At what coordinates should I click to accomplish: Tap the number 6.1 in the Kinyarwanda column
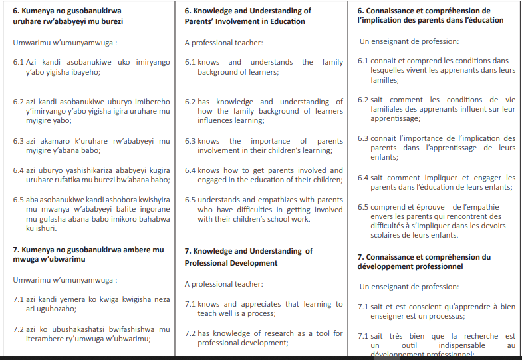click(x=19, y=61)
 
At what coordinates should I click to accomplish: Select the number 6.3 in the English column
click(x=190, y=141)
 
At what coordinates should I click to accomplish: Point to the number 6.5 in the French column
click(x=362, y=207)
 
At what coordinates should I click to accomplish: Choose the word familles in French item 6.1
click(x=385, y=79)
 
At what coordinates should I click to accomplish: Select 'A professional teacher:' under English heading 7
click(x=223, y=284)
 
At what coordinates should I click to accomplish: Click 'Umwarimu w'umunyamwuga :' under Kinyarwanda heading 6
click(x=65, y=43)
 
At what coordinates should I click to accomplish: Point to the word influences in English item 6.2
click(x=215, y=120)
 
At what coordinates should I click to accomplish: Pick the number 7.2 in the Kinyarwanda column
click(x=19, y=329)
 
